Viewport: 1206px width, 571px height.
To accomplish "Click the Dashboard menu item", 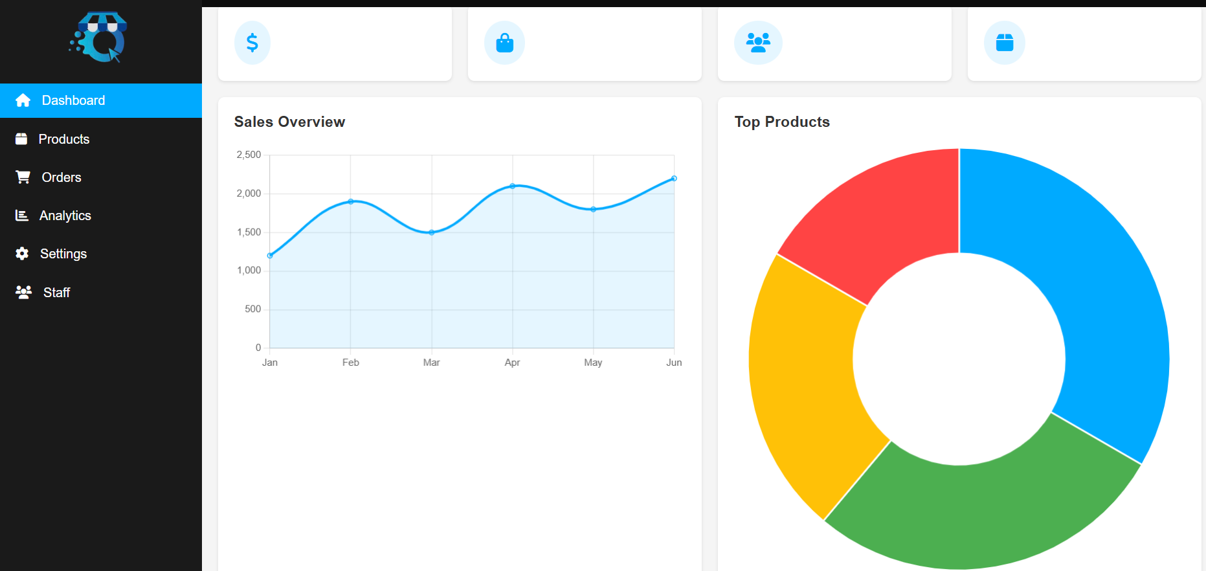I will [x=73, y=100].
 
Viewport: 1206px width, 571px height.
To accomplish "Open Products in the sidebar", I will [x=63, y=139].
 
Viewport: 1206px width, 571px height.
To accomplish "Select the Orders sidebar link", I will [x=61, y=177].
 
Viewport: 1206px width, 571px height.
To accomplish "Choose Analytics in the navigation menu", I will [x=65, y=216].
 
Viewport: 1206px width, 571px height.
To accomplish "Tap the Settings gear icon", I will [x=22, y=254].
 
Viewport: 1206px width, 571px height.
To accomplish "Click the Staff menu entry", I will [x=56, y=293].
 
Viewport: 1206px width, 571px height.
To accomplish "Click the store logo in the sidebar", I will [x=98, y=38].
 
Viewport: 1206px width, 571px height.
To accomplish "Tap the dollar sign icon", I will [x=252, y=43].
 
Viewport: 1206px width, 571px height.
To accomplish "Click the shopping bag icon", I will [x=504, y=43].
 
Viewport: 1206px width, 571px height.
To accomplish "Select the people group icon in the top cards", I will [x=758, y=43].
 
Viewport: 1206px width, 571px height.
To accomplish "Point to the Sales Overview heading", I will [x=289, y=122].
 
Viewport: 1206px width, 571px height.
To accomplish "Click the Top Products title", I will [x=782, y=122].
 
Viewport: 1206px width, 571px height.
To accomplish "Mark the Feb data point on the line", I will [x=351, y=201].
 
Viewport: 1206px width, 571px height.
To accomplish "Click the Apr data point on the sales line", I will [x=512, y=186].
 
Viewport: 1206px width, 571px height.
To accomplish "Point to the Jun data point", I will [x=674, y=178].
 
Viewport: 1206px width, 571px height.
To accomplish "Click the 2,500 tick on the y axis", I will [x=249, y=155].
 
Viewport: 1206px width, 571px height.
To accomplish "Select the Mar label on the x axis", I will [x=431, y=363].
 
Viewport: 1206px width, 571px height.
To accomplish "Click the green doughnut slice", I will [x=977, y=511].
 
